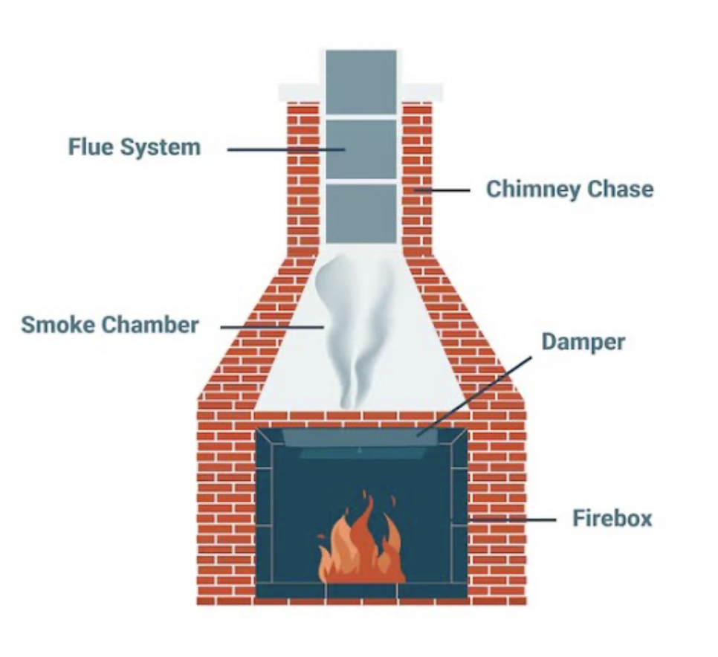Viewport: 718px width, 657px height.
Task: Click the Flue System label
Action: pyautogui.click(x=135, y=146)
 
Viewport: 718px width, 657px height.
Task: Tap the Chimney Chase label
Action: pyautogui.click(x=569, y=189)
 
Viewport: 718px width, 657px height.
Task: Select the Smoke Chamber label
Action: pyautogui.click(x=110, y=325)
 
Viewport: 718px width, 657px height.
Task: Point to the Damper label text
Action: pyautogui.click(x=583, y=342)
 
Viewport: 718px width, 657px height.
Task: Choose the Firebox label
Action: pyautogui.click(x=612, y=517)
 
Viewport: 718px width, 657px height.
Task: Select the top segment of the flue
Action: pyautogui.click(x=361, y=82)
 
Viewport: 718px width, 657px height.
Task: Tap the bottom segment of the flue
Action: pyautogui.click(x=361, y=213)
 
